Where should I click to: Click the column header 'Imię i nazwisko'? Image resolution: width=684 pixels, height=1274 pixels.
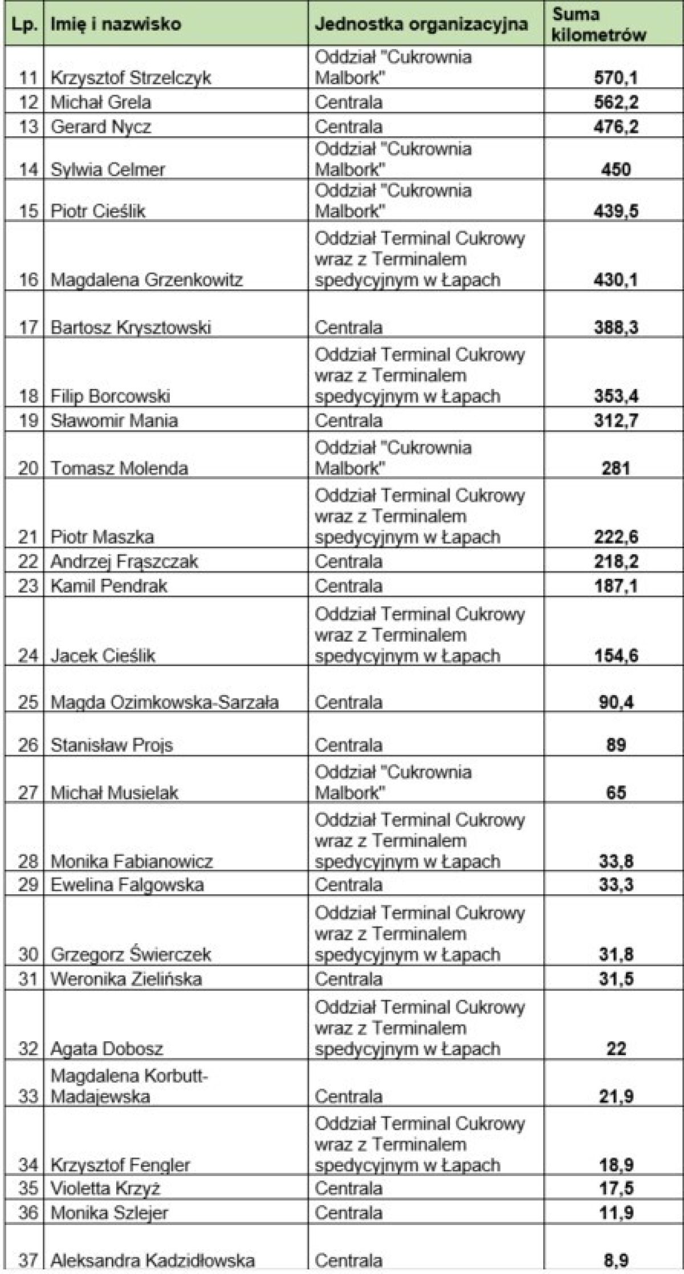pos(116,24)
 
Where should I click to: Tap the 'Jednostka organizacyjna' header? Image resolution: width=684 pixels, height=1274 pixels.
pos(422,24)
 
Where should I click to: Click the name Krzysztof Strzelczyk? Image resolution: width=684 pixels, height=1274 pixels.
pos(131,78)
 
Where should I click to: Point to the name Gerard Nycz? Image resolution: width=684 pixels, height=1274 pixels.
pos(101,127)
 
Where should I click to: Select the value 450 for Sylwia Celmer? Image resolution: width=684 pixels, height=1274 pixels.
pos(616,169)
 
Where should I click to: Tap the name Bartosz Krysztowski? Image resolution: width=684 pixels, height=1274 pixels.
pos(131,327)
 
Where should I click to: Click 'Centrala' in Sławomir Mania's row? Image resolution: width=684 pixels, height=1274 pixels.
pos(348,421)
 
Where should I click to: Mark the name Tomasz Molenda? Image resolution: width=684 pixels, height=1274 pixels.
pos(119,468)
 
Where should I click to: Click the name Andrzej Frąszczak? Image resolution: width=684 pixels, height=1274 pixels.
pos(124,562)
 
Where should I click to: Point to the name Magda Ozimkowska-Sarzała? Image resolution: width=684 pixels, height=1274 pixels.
pos(165,702)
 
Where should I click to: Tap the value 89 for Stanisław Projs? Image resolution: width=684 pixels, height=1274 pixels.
pos(616,745)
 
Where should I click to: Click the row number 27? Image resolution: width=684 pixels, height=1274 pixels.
pos(28,793)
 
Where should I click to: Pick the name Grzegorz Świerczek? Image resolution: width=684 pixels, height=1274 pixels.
pos(131,955)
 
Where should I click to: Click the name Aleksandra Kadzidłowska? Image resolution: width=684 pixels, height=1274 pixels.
pos(153,1260)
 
